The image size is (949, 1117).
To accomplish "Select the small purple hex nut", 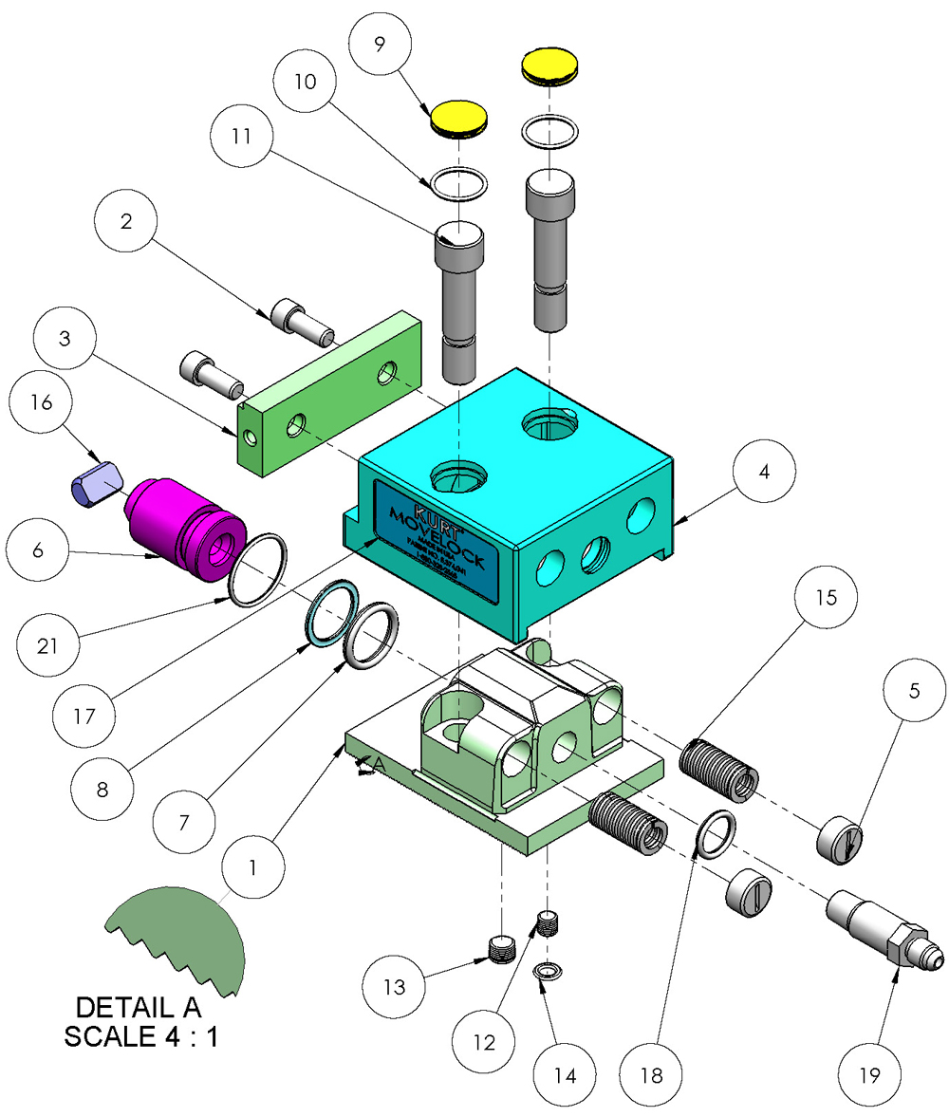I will coord(95,484).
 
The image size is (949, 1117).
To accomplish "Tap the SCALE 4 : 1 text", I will coord(141,1036).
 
